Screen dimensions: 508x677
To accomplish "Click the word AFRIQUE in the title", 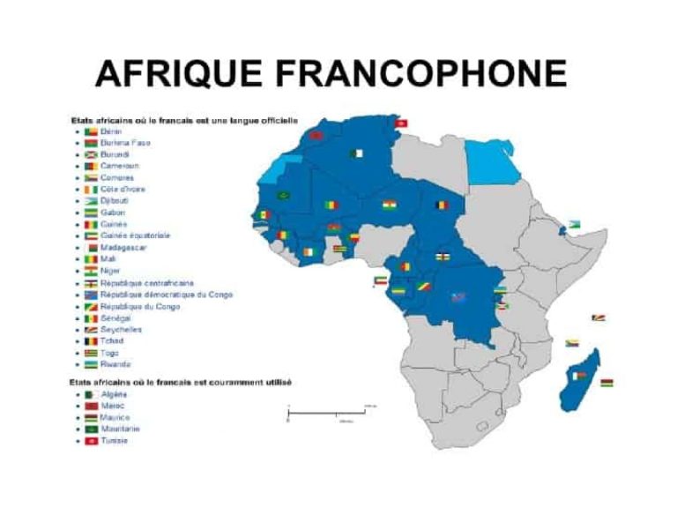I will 164,73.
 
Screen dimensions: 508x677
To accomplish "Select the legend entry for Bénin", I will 111,131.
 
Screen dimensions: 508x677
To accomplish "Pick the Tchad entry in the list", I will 113,340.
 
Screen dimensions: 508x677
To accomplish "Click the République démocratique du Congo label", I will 167,295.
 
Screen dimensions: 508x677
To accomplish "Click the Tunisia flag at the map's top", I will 402,123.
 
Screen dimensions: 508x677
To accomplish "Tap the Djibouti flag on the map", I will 577,224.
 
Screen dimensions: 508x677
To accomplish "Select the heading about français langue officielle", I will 184,119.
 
